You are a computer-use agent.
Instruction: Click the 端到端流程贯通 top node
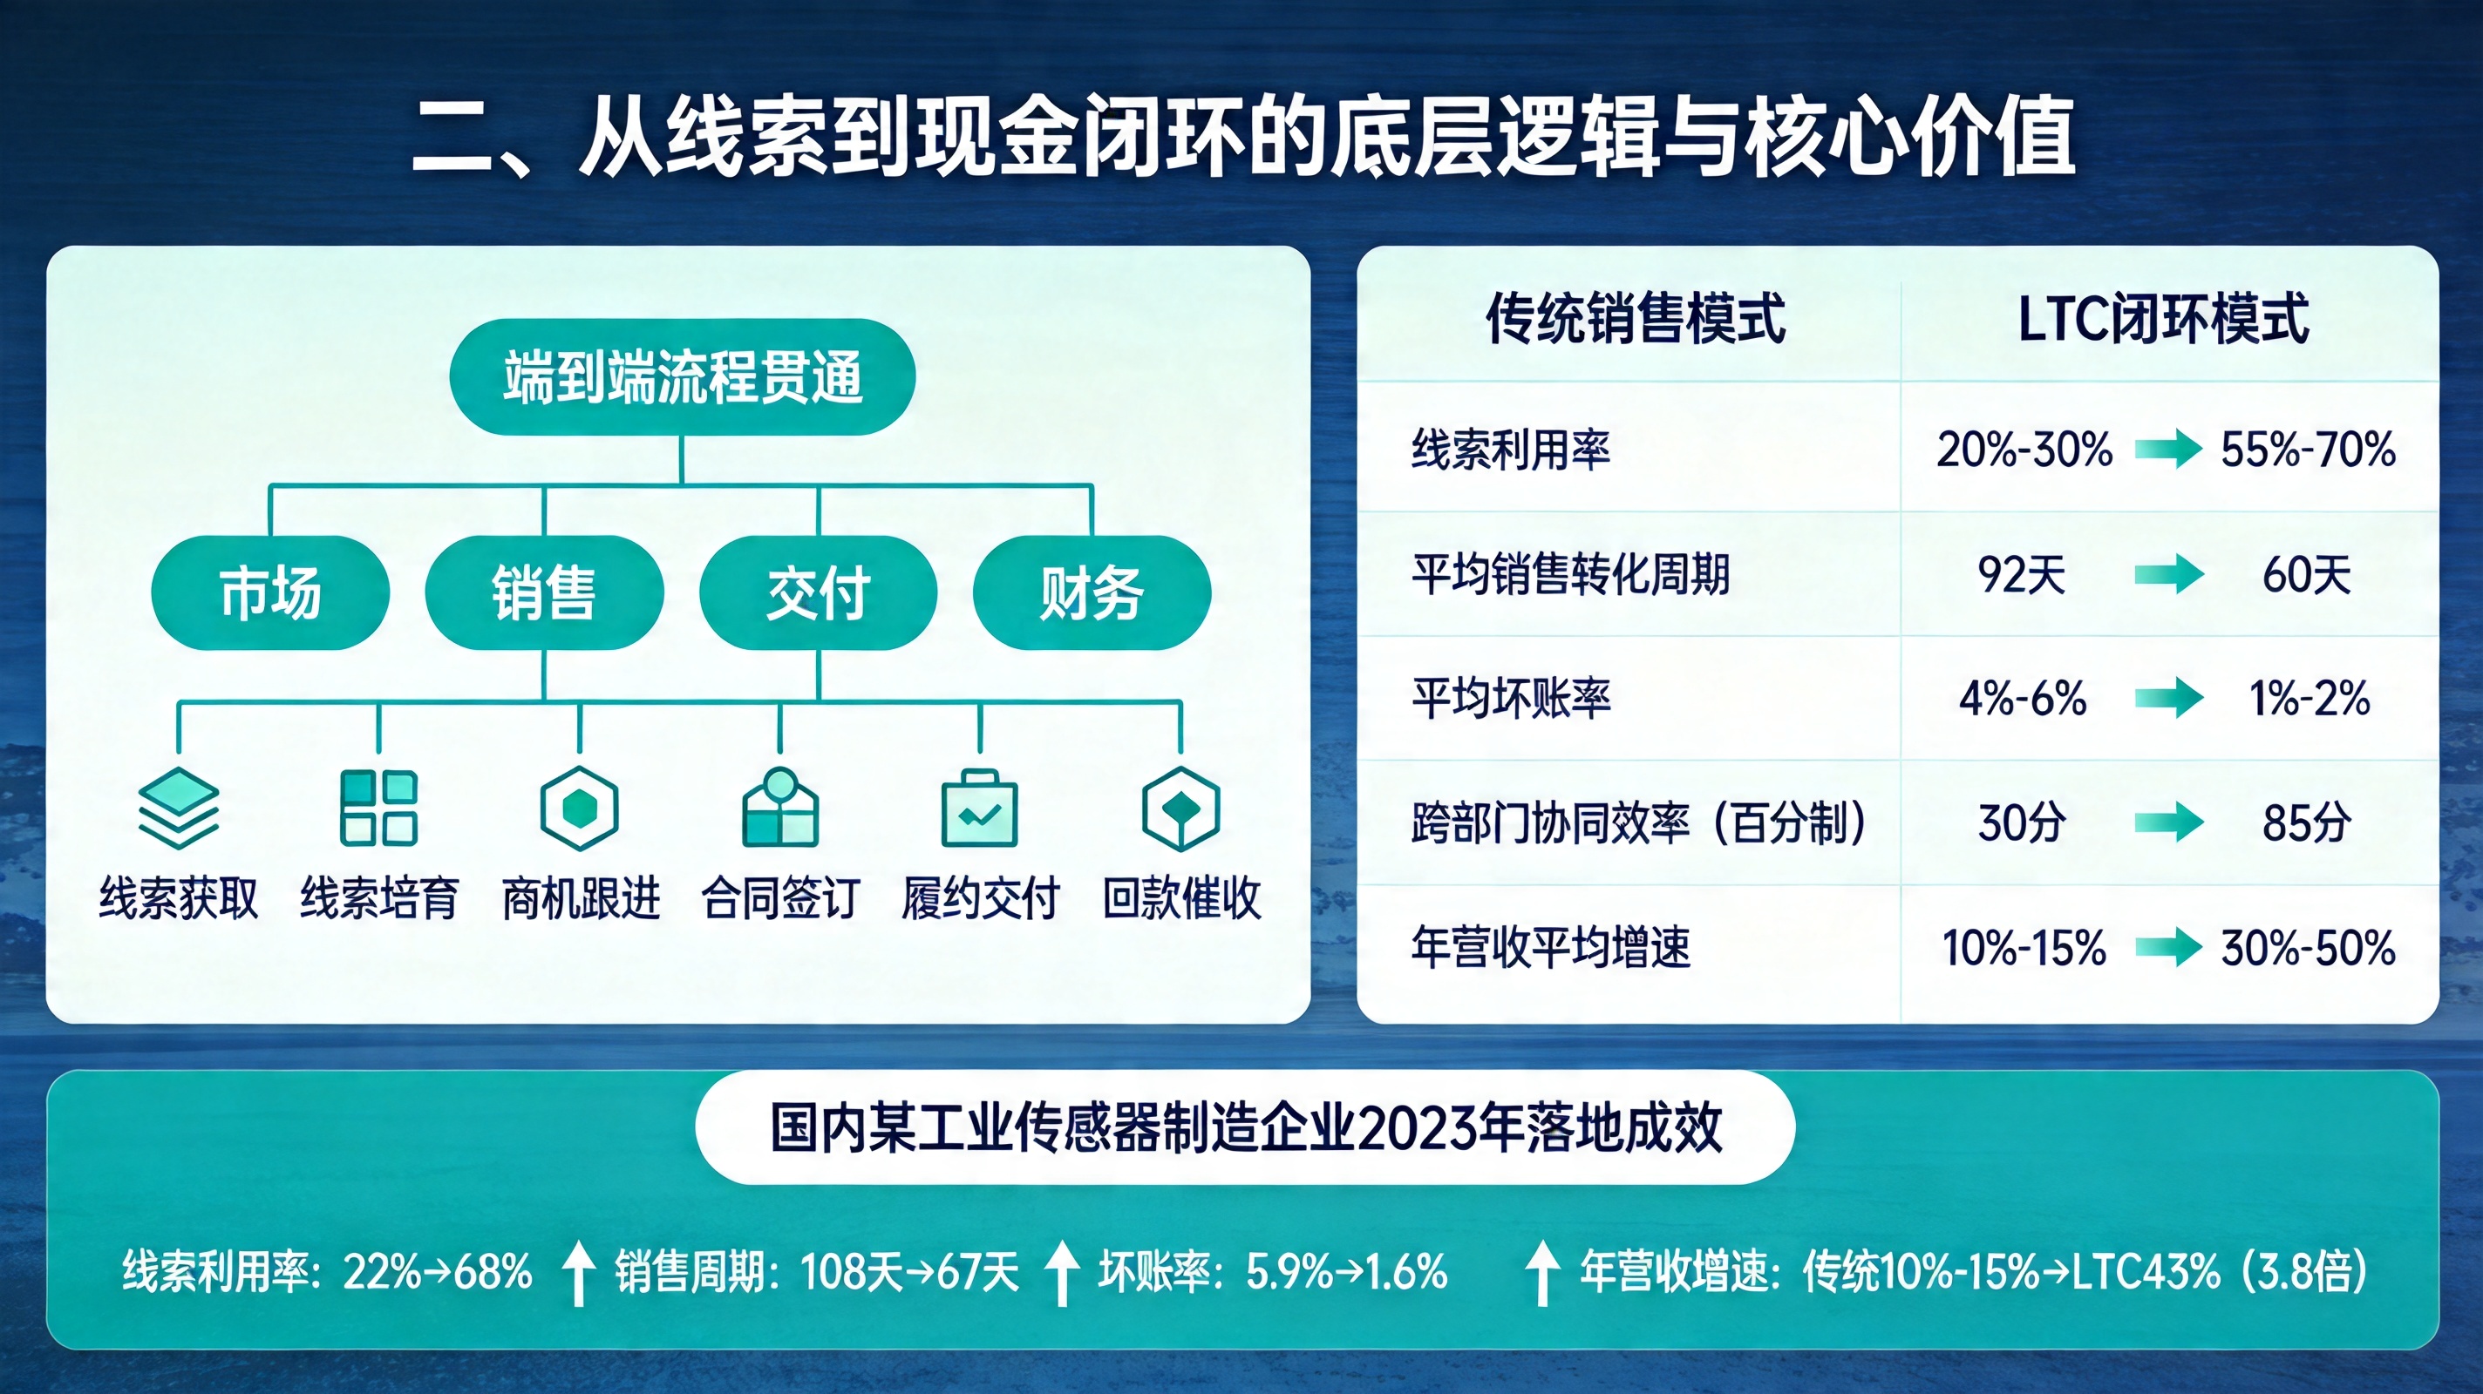tap(682, 376)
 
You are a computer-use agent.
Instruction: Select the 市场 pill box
tap(270, 592)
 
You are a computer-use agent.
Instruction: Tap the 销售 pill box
tap(544, 592)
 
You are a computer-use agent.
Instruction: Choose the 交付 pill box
tap(818, 592)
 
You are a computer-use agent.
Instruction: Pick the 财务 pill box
tap(1092, 592)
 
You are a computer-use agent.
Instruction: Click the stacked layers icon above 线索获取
tap(179, 808)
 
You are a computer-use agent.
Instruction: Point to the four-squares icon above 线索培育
tap(378, 808)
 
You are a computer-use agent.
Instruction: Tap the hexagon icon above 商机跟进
tap(579, 808)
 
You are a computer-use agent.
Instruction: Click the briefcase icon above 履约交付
tap(979, 808)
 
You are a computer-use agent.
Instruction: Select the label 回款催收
tap(1181, 899)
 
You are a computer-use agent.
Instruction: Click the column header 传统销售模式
tap(1635, 319)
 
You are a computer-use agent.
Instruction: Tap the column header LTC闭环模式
tap(2163, 319)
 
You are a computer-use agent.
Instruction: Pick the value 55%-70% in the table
tap(2308, 450)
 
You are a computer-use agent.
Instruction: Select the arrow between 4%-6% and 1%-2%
tap(2169, 699)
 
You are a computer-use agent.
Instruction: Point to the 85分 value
tap(2307, 822)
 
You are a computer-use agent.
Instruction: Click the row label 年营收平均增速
tap(1551, 947)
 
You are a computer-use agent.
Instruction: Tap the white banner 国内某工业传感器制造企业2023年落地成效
tap(1244, 1127)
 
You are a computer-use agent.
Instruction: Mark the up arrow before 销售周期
tap(578, 1272)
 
